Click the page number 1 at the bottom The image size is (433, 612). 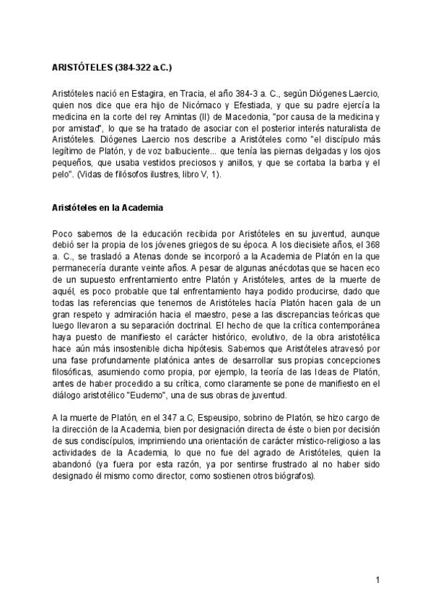click(x=377, y=580)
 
